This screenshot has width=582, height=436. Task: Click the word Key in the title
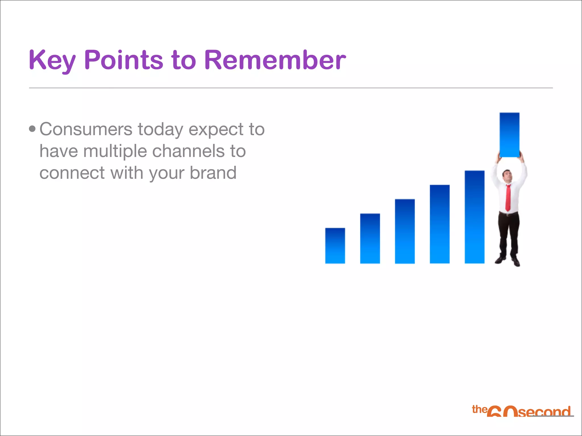[52, 60]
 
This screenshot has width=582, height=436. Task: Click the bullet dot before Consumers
[32, 129]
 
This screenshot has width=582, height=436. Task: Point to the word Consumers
[86, 129]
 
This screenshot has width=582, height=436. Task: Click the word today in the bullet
[160, 130]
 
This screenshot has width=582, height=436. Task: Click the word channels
[188, 151]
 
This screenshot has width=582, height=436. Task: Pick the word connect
[72, 173]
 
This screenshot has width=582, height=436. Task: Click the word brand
[213, 173]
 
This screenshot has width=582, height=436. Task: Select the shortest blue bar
[335, 246]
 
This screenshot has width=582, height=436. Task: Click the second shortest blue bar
[370, 238]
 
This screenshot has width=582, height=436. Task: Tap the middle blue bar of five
[405, 231]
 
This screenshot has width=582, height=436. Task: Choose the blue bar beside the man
[474, 217]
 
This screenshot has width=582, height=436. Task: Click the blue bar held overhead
[509, 135]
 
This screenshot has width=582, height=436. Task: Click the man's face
[507, 175]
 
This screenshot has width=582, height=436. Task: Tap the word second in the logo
[544, 412]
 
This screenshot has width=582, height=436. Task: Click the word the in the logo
[479, 409]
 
